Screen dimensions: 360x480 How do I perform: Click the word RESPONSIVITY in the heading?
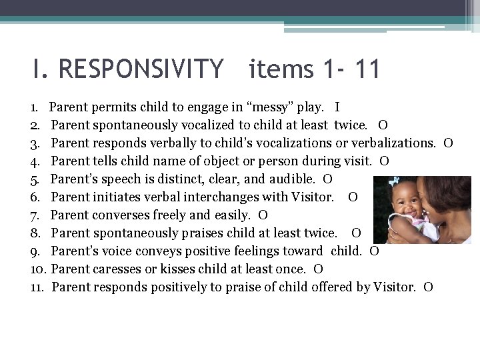pos(141,69)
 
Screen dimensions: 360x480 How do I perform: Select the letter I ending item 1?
pos(337,107)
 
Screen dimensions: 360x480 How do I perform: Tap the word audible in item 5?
pos(292,179)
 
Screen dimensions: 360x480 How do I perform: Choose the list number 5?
pos(34,179)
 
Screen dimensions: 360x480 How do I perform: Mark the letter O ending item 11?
pos(428,287)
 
